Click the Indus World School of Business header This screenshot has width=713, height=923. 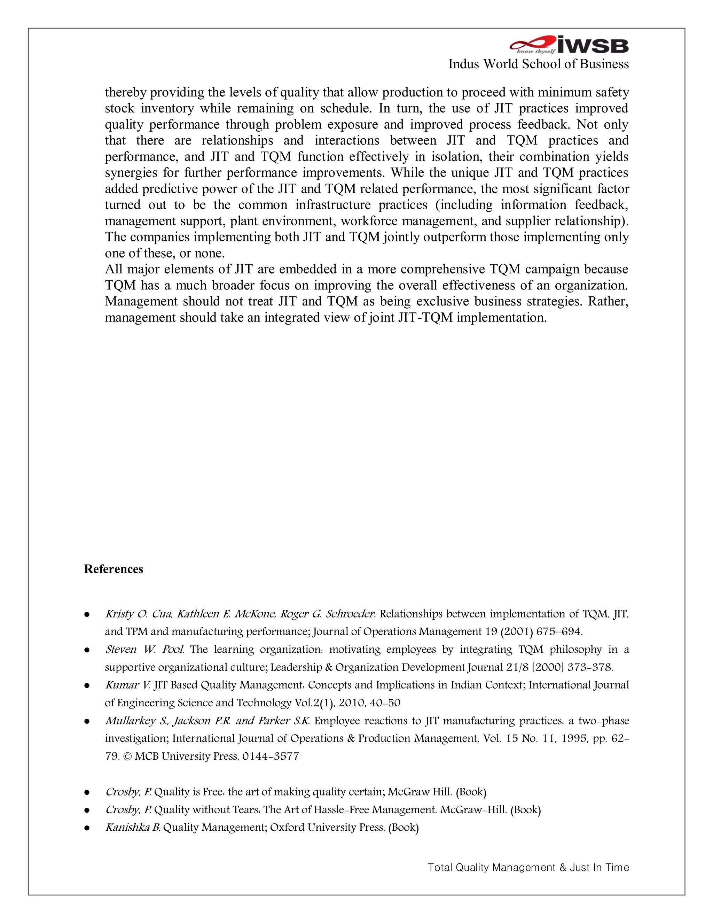(538, 64)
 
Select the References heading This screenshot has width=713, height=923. (113, 569)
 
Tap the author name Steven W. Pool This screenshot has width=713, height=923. (144, 649)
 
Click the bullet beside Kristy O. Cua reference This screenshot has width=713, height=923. (87, 614)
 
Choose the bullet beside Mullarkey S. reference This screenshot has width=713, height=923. (87, 721)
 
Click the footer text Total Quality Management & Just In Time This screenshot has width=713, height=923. (528, 867)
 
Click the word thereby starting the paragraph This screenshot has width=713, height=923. (125, 92)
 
